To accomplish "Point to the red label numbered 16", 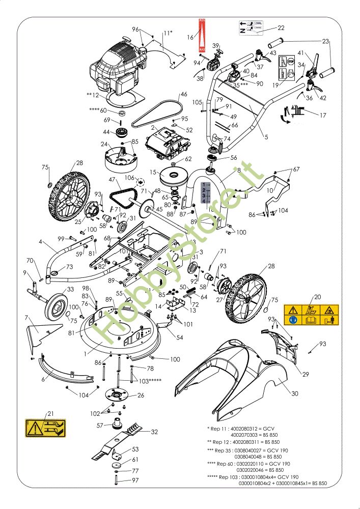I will [x=201, y=37].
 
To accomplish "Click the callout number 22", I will [x=281, y=28].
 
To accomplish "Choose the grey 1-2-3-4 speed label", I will [x=204, y=192].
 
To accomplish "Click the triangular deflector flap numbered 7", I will [x=37, y=333].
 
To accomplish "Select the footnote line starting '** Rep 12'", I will [x=243, y=442].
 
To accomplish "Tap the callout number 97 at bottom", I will [x=135, y=480].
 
